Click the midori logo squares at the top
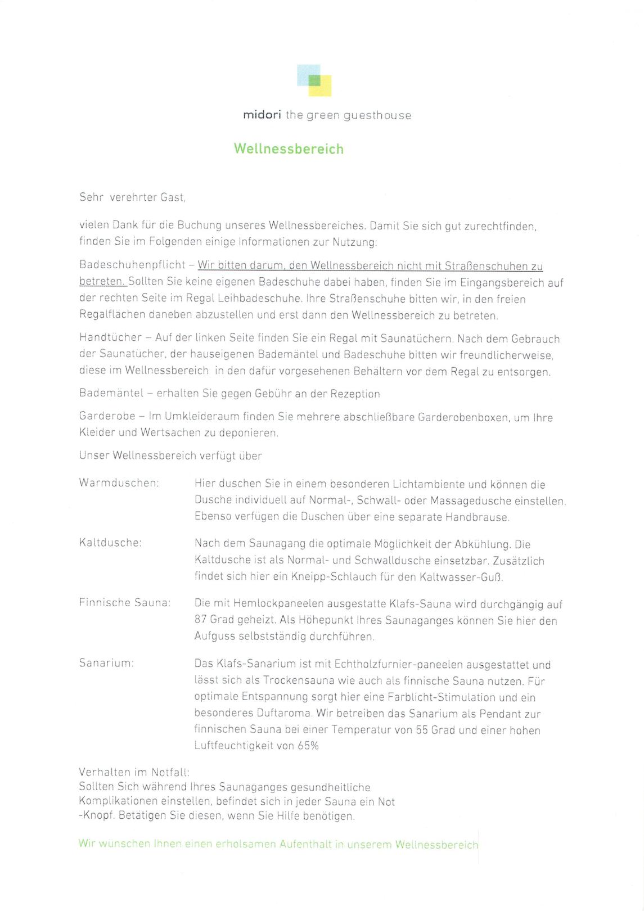click(x=314, y=80)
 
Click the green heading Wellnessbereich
click(x=289, y=149)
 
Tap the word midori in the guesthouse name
click(x=262, y=115)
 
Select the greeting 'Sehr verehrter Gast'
click(x=132, y=197)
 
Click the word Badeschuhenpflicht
click(x=132, y=265)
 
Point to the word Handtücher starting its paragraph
click(x=110, y=337)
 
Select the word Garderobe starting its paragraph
click(x=107, y=416)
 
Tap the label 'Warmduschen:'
click(x=119, y=483)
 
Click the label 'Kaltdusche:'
click(x=110, y=543)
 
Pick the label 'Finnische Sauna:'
click(x=125, y=603)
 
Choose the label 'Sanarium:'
click(x=107, y=663)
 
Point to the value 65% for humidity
click(x=308, y=746)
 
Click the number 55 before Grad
click(x=422, y=730)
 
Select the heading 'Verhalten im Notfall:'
click(x=134, y=772)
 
